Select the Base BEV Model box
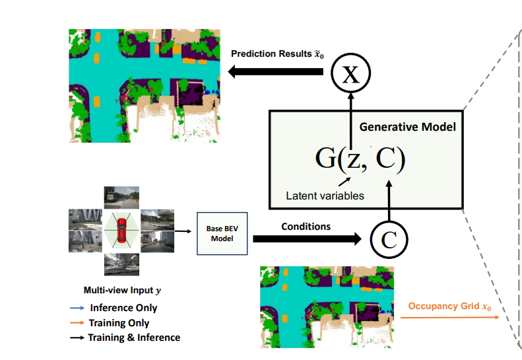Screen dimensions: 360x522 [222, 234]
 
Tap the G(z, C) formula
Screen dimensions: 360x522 [360, 159]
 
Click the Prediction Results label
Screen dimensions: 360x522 [277, 53]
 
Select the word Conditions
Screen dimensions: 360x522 [306, 226]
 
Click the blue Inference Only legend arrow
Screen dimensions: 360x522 [77, 308]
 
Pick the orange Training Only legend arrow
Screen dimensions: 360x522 [77, 323]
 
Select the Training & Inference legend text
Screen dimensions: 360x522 [135, 338]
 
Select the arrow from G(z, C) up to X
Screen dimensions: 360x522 [351, 119]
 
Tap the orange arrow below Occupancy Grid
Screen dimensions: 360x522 [449, 318]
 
